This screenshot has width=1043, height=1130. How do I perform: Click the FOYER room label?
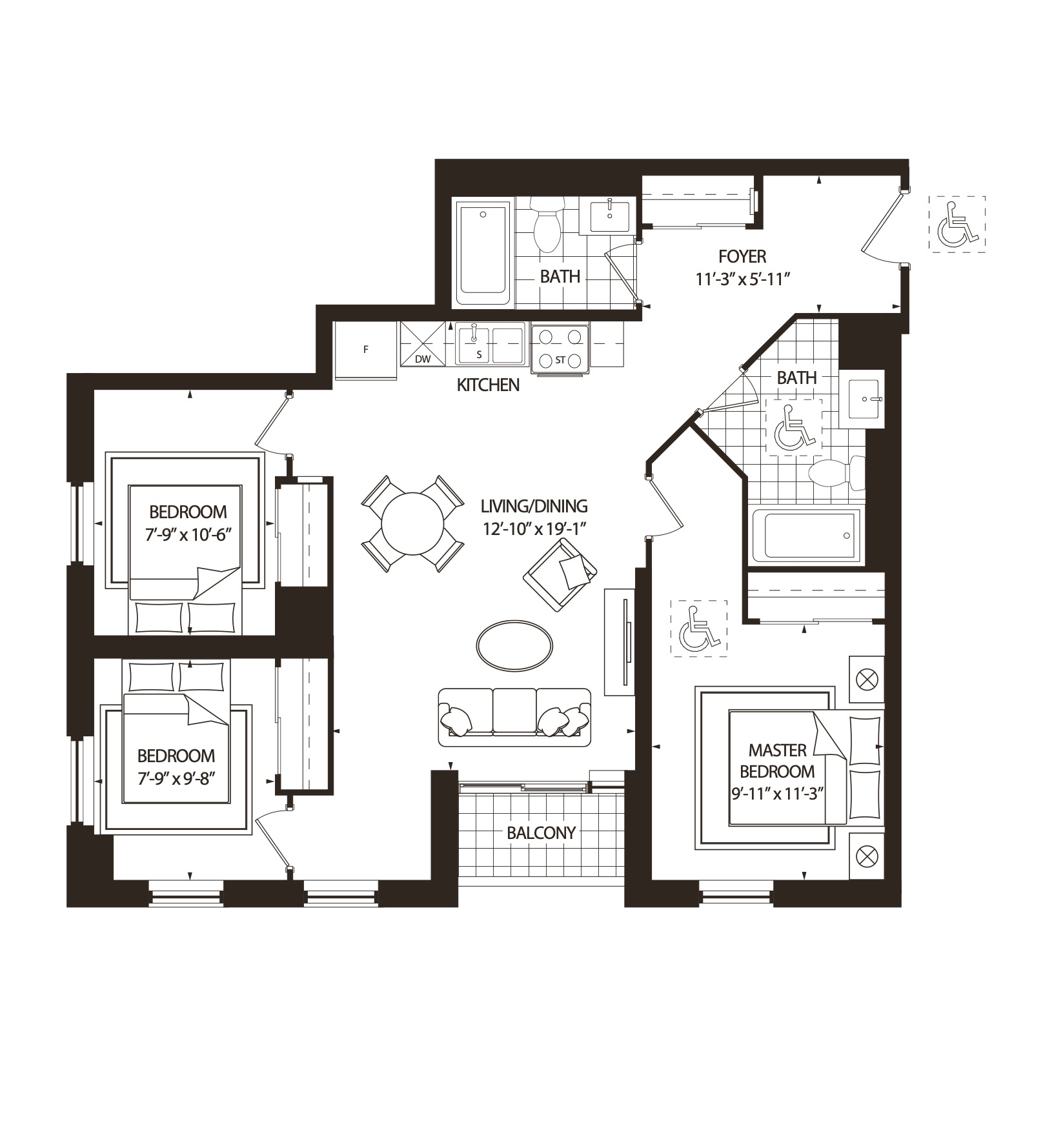742,257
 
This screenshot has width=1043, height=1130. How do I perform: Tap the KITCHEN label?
488,385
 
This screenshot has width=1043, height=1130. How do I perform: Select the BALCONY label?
541,833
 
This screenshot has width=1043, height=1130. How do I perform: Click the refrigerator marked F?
365,351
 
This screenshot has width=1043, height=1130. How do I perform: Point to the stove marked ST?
560,349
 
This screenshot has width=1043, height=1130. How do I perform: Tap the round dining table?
412,524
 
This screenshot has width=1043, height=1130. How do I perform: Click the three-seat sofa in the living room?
514,717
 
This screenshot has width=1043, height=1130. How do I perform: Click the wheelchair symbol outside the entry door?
957,223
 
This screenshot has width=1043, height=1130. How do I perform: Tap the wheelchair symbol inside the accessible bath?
793,427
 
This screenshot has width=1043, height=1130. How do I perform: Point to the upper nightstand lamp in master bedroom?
866,680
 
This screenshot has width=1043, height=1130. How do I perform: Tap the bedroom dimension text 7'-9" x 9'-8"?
176,777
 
